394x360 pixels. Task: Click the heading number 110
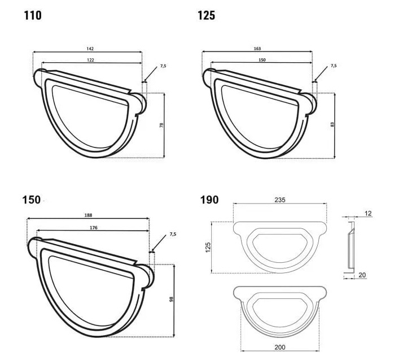pyautogui.click(x=33, y=15)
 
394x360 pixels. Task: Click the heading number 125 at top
pyautogui.click(x=206, y=15)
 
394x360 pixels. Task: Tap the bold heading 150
pyautogui.click(x=32, y=199)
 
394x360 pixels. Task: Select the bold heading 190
pyautogui.click(x=209, y=199)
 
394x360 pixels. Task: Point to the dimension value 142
pyautogui.click(x=90, y=49)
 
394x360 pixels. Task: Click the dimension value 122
pyautogui.click(x=90, y=60)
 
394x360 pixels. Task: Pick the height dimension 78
pyautogui.click(x=161, y=125)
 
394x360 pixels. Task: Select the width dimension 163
pyautogui.click(x=257, y=49)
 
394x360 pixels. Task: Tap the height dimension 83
pyautogui.click(x=332, y=124)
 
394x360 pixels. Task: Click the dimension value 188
pyautogui.click(x=89, y=215)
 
